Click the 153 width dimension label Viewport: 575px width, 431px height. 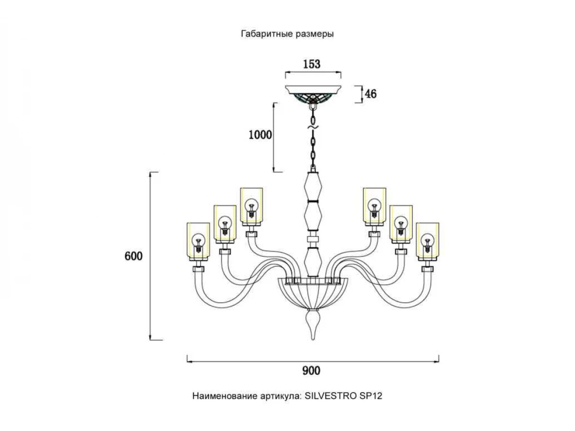point(312,64)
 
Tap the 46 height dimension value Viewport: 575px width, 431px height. point(370,94)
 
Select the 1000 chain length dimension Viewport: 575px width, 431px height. point(260,135)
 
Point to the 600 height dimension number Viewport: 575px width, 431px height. point(134,256)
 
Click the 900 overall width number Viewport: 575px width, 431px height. point(311,370)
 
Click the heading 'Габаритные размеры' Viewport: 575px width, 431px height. point(287,34)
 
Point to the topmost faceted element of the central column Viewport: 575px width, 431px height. point(312,187)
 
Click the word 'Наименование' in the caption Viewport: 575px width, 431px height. point(221,396)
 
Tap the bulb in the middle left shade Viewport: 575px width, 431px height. point(224,223)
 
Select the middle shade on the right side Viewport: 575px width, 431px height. point(401,223)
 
